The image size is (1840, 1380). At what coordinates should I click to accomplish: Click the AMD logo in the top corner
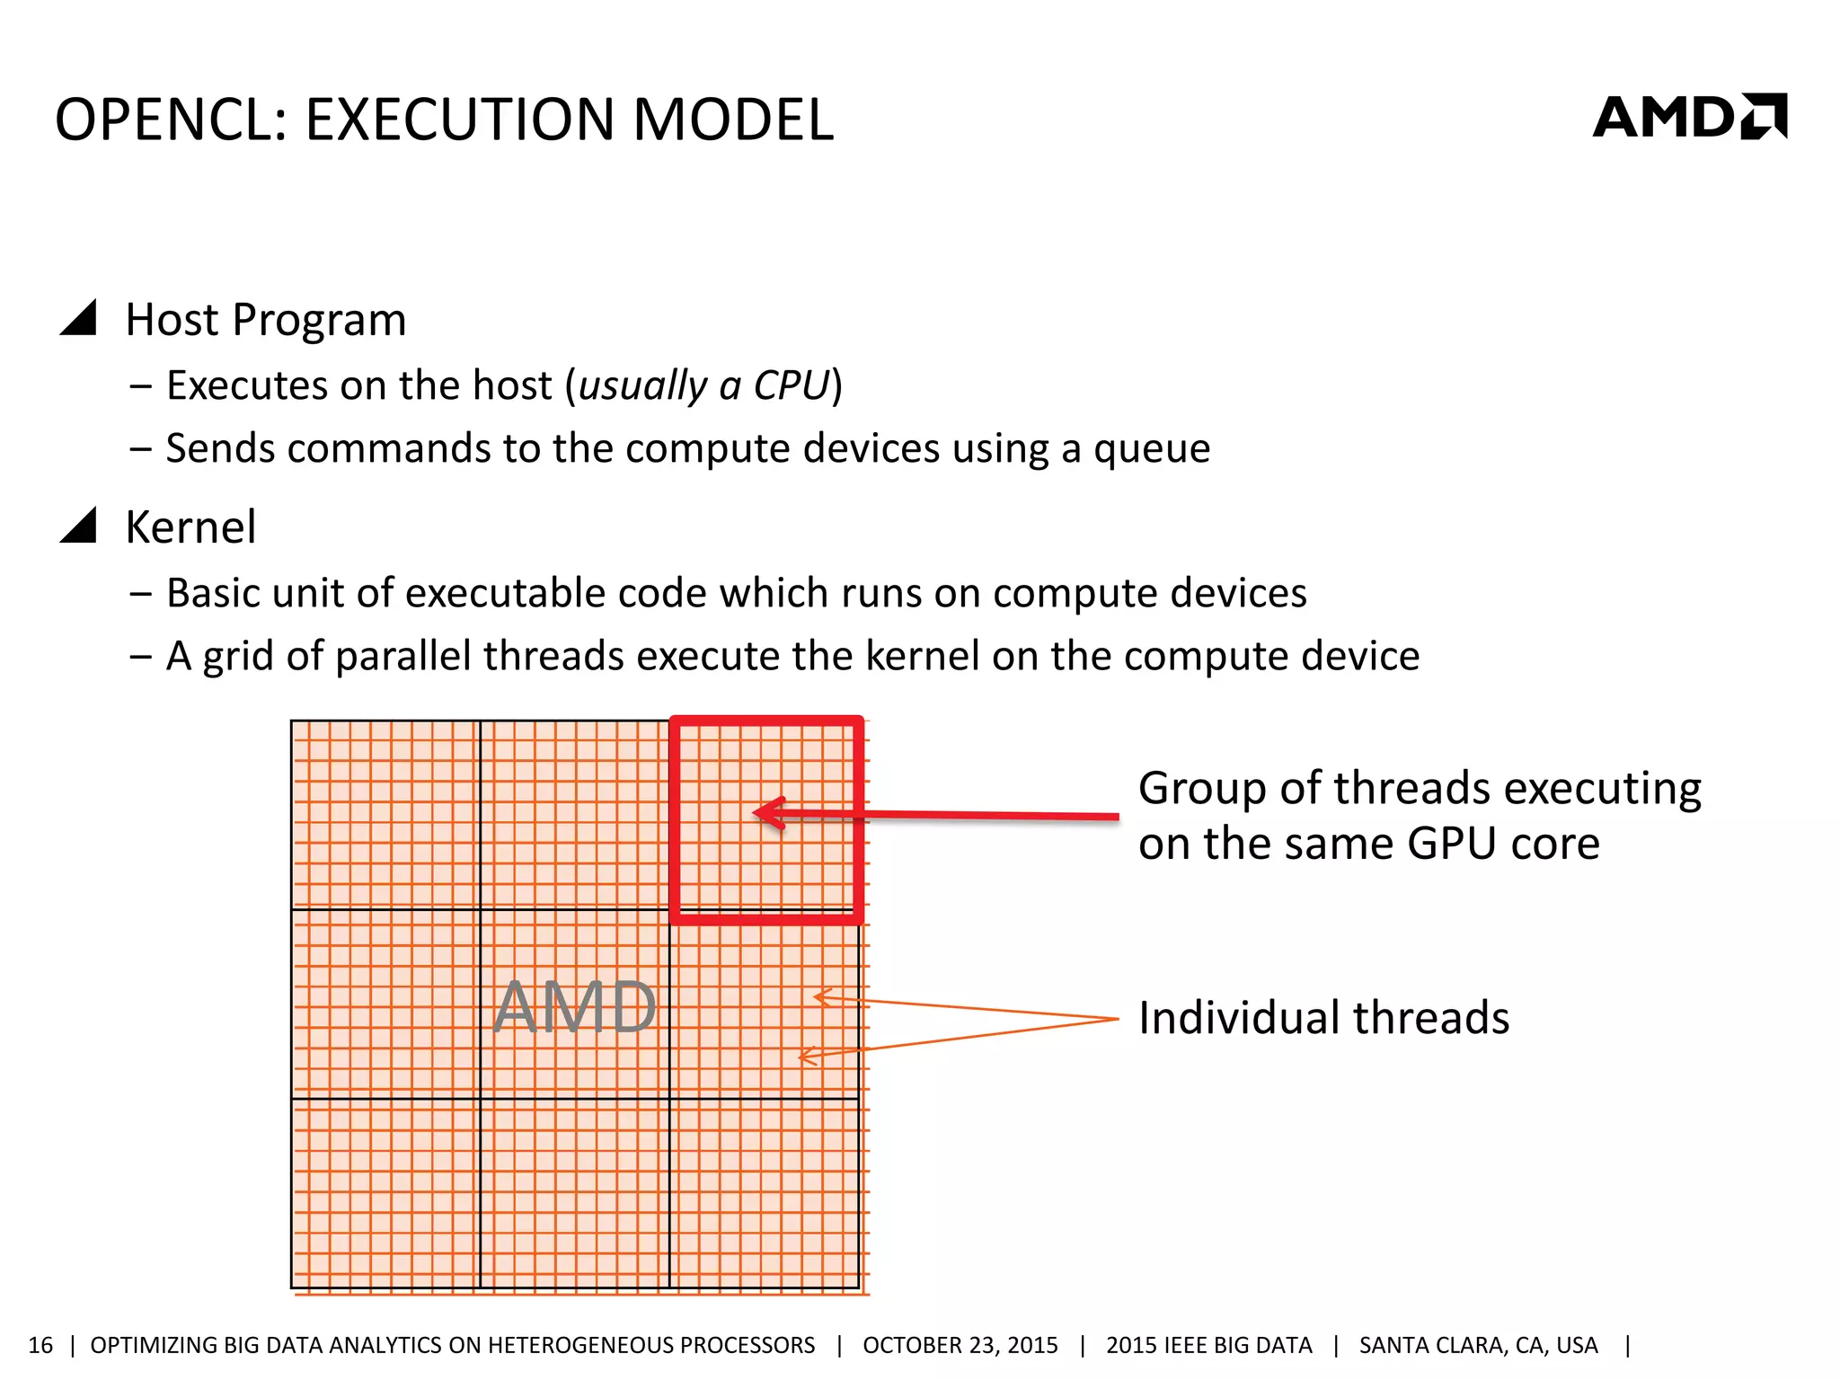pyautogui.click(x=1689, y=117)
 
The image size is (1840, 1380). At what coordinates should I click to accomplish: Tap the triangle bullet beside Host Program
pyautogui.click(x=79, y=319)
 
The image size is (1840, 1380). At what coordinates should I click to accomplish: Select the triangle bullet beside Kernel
pyautogui.click(x=79, y=526)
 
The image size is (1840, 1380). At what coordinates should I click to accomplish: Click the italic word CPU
pyautogui.click(x=790, y=385)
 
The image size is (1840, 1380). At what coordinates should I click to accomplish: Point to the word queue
pyautogui.click(x=1151, y=448)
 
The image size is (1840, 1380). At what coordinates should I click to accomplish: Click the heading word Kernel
pyautogui.click(x=190, y=526)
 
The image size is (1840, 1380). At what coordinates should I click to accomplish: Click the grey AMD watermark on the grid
pyautogui.click(x=575, y=1007)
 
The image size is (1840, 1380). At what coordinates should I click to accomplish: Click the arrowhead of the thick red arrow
pyautogui.click(x=765, y=813)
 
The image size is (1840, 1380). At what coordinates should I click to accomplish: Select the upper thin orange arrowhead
pyautogui.click(x=819, y=996)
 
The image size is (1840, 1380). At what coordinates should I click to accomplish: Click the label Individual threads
pyautogui.click(x=1323, y=1018)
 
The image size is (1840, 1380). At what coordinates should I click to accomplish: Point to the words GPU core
pyautogui.click(x=1503, y=844)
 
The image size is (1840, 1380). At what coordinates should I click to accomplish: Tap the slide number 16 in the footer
pyautogui.click(x=40, y=1345)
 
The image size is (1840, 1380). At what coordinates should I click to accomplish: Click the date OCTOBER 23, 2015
pyautogui.click(x=960, y=1345)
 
